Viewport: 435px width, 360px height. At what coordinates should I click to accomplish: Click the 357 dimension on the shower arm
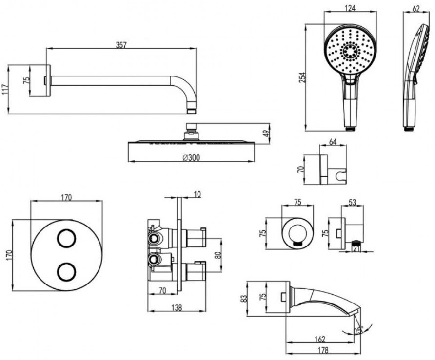coord(121,45)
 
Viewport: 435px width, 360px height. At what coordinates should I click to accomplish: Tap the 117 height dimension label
coord(5,89)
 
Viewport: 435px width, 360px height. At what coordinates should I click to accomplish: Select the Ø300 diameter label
coord(191,158)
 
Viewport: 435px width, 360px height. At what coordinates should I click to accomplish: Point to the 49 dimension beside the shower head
coord(265,133)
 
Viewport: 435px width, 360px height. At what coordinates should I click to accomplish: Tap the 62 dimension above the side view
coord(416,9)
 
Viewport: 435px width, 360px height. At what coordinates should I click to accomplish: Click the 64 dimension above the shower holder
coord(333,142)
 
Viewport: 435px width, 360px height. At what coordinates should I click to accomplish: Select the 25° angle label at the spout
coord(358,330)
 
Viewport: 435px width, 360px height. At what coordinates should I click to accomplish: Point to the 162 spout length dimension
coord(320,339)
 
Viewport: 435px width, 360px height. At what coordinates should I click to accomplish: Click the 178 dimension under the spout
coord(323,350)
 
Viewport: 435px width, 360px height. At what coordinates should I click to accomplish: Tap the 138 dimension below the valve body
coord(177,307)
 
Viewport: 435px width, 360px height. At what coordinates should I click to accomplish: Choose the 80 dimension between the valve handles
coord(218,255)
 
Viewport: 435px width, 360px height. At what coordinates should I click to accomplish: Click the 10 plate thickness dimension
coord(197,194)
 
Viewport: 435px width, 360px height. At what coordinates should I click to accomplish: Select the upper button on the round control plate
coord(67,238)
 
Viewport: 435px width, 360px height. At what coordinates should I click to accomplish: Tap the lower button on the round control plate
coord(67,271)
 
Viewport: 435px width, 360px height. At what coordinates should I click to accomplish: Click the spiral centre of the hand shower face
coord(350,51)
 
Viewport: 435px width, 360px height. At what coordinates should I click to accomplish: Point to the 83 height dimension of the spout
coord(244,299)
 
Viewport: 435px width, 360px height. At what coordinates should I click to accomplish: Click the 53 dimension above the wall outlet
coord(352,202)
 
